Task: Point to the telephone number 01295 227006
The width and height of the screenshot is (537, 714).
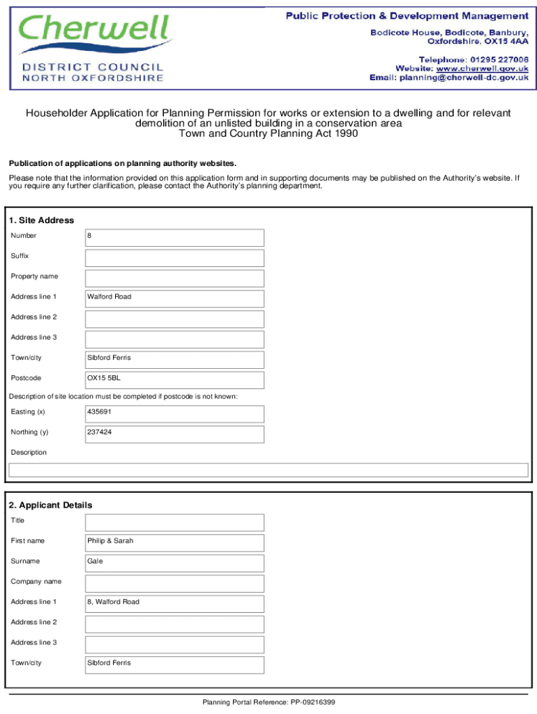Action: [499, 59]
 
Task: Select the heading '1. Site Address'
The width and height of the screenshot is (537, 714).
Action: [42, 220]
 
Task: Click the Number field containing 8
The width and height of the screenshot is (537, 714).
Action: [174, 237]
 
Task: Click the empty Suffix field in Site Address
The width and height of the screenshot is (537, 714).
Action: [174, 258]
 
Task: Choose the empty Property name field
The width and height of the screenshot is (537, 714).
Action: [174, 278]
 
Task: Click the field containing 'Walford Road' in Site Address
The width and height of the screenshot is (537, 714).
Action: [174, 298]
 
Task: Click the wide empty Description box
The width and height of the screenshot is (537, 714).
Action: [268, 470]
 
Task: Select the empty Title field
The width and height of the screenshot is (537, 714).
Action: [174, 522]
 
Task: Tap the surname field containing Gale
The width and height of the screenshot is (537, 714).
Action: [174, 563]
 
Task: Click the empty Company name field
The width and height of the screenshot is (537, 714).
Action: [174, 583]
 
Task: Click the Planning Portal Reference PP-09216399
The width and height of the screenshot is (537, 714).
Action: [268, 702]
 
